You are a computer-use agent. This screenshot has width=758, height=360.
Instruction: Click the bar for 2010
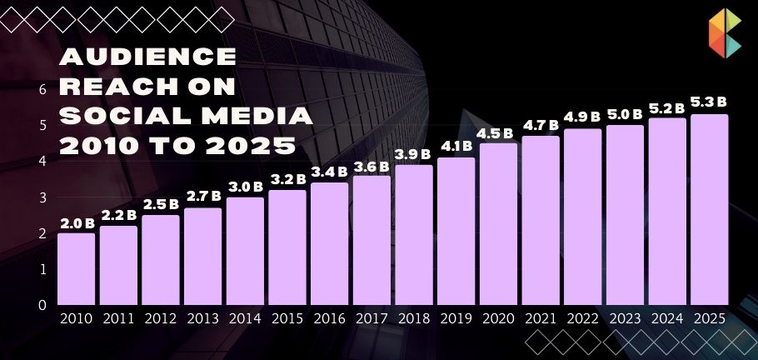[76, 268]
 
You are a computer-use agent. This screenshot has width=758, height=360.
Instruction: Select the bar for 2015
[287, 247]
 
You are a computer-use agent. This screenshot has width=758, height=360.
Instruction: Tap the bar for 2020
[498, 223]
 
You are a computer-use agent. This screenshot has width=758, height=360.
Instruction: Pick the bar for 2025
[709, 209]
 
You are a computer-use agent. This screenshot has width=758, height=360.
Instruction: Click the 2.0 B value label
[77, 223]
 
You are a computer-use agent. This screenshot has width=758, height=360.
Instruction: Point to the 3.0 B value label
[246, 187]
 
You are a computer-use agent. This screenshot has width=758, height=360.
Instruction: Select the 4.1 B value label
[456, 147]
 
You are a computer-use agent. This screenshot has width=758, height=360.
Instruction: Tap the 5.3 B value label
[709, 103]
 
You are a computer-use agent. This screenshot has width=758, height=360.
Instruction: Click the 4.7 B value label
[541, 126]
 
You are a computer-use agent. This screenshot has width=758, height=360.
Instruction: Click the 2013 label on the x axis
[202, 318]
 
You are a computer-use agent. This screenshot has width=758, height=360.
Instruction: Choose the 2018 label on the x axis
[414, 318]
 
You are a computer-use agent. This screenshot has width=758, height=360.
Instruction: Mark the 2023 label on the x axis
[625, 318]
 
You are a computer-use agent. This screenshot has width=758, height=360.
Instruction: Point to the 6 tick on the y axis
[42, 89]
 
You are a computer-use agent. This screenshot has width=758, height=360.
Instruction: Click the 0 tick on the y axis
[42, 305]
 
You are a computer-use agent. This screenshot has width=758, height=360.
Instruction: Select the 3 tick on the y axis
[42, 197]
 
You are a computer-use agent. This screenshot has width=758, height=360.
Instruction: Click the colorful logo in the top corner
[725, 34]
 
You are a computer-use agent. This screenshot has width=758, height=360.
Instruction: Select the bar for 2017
[372, 240]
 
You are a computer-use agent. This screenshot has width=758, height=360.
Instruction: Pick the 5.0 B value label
[625, 114]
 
